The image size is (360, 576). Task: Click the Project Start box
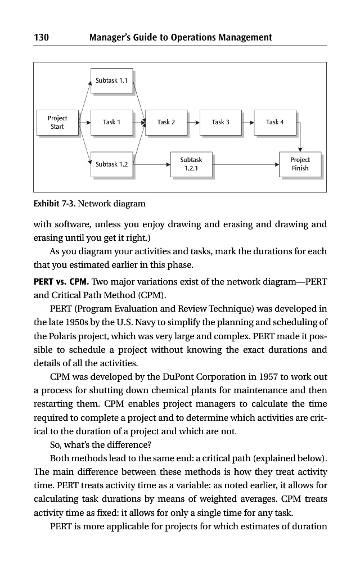tap(57, 122)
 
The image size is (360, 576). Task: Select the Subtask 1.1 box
tap(111, 80)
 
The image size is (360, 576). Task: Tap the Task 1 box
tap(111, 122)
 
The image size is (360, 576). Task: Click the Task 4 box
tap(275, 122)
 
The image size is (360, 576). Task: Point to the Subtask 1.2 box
tap(111, 164)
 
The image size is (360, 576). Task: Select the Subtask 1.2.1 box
tap(191, 164)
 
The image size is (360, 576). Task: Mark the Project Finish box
tap(300, 164)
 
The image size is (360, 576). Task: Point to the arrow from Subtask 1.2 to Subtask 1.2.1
tap(152, 164)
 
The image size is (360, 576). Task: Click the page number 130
tap(42, 38)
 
